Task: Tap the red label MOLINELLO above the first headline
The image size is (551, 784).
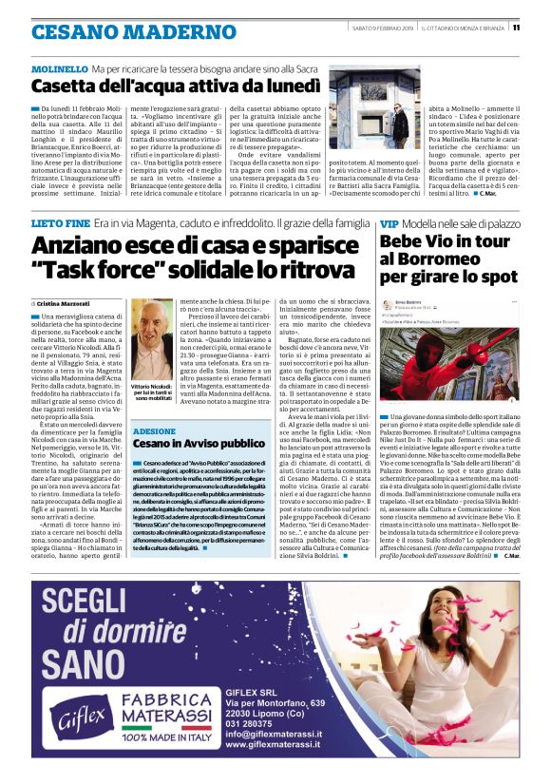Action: click(x=58, y=69)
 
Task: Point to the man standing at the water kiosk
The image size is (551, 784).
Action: click(x=400, y=123)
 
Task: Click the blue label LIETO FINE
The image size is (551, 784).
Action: click(x=61, y=221)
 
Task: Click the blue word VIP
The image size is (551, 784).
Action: click(x=389, y=222)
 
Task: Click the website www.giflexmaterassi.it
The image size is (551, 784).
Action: click(x=279, y=745)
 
